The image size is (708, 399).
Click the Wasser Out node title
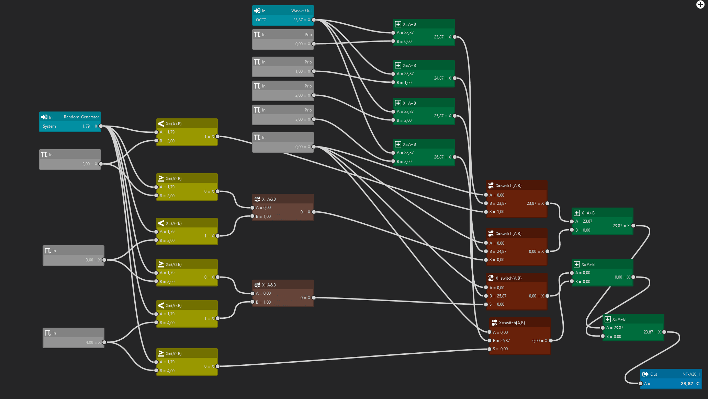coord(301,11)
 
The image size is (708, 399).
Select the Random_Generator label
coord(81,117)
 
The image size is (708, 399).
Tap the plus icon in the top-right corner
coord(700,4)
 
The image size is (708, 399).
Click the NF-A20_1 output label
coord(691,374)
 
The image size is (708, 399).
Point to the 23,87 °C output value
coord(690,384)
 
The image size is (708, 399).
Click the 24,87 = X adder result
coord(442,78)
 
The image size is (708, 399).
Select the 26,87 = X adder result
coord(442,157)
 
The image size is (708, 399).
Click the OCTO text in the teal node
coord(261,20)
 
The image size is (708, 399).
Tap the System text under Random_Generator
coord(49,126)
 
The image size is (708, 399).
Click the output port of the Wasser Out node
coord(314,20)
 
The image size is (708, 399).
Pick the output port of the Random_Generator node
coord(101,126)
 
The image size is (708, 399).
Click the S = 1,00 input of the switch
coord(497,212)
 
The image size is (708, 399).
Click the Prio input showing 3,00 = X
coord(302,119)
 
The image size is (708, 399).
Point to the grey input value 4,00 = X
coord(93,342)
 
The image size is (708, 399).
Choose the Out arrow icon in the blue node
coord(645,374)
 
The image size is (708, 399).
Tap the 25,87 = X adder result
coord(442,116)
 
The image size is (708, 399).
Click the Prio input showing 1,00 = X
coord(302,71)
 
